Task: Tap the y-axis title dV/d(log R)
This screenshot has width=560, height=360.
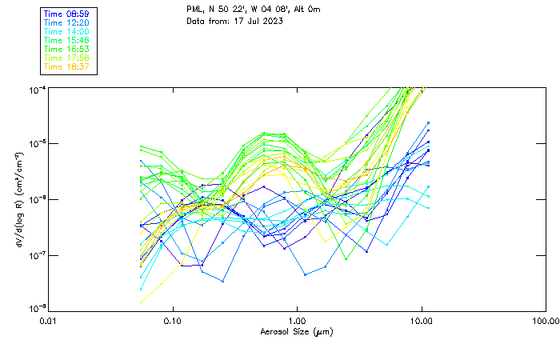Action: (x=18, y=198)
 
